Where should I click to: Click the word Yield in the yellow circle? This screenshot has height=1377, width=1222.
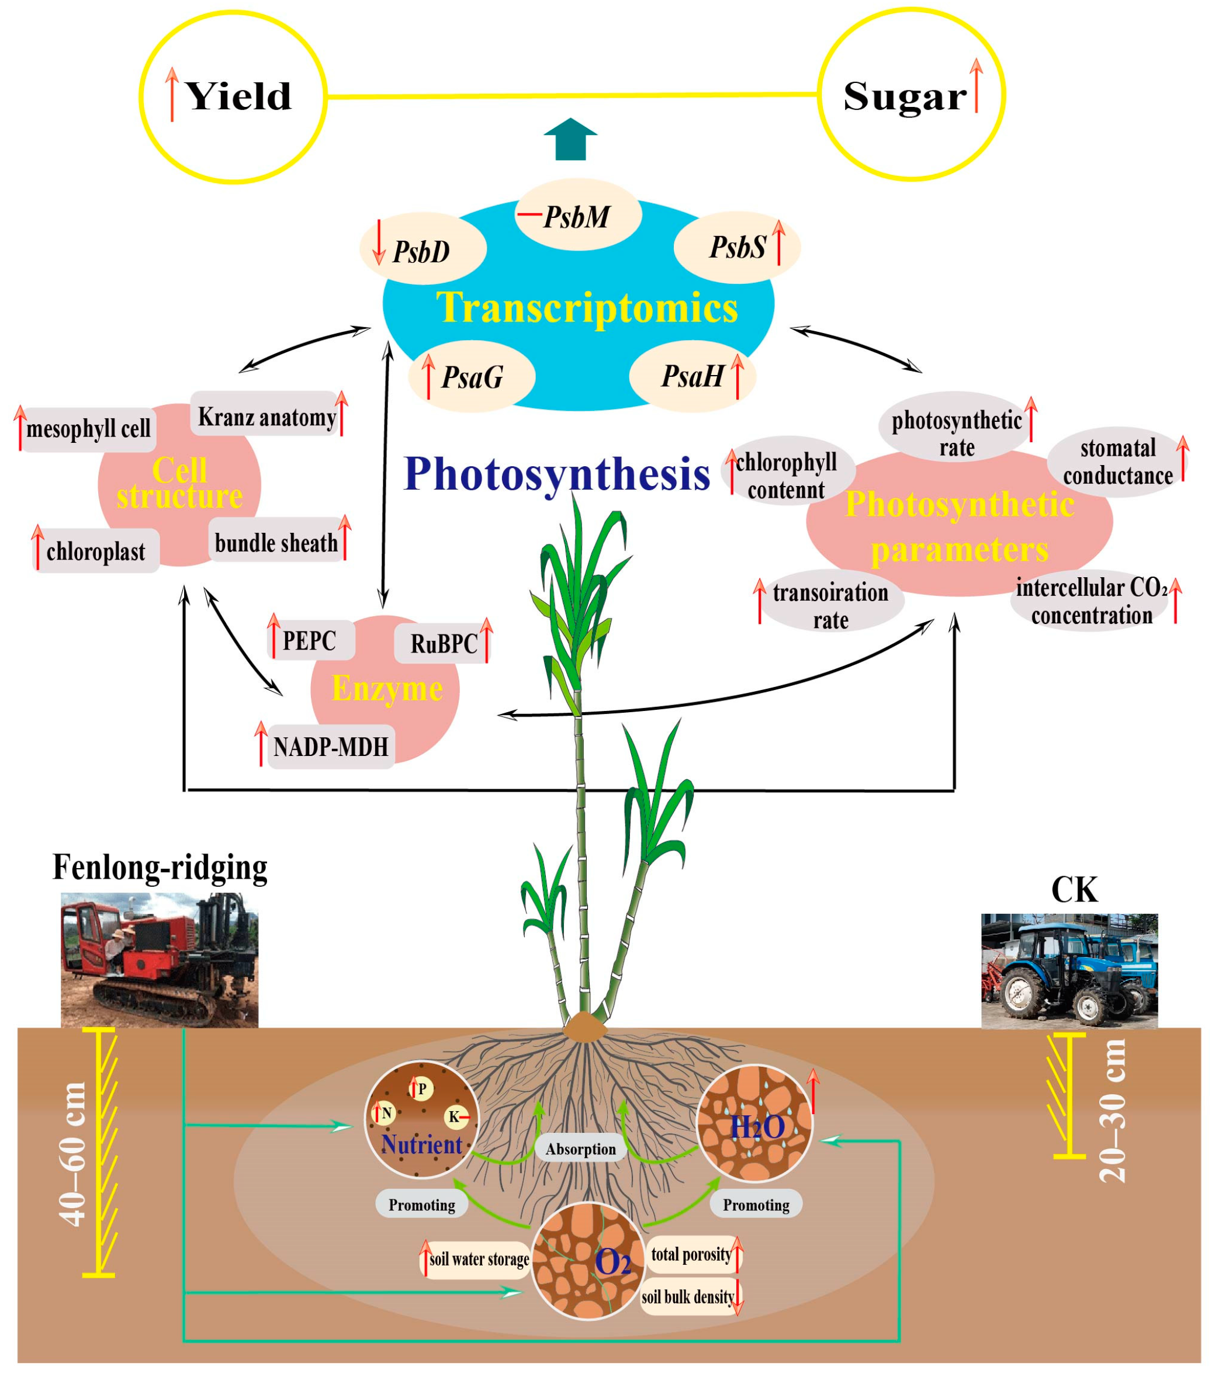(x=238, y=96)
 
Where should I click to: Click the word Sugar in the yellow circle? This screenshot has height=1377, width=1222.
(x=904, y=96)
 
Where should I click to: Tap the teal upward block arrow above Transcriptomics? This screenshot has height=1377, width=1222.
(x=570, y=139)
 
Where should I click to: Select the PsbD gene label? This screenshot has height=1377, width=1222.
(x=422, y=251)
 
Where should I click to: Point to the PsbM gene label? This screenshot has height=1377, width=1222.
(x=577, y=217)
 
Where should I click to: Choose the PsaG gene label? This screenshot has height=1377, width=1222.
(x=472, y=377)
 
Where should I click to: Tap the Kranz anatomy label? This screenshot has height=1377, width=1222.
(x=267, y=417)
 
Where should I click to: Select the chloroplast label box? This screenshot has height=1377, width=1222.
(x=96, y=552)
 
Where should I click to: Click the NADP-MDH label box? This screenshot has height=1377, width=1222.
(x=330, y=747)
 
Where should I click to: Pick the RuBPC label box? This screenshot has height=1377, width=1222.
(x=444, y=644)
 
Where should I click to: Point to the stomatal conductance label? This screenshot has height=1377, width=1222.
(x=1117, y=462)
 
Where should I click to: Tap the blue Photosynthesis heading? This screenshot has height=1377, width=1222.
(x=557, y=474)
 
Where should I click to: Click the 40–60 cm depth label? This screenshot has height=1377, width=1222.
(x=73, y=1153)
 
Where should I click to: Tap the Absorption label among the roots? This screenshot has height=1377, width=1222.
(x=580, y=1149)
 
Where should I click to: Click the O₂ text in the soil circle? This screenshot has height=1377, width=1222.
(x=612, y=1262)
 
